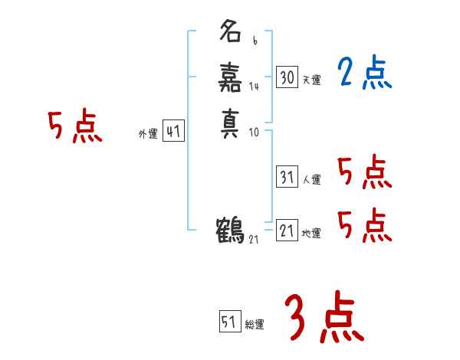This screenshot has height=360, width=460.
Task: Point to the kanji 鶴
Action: pos(231,229)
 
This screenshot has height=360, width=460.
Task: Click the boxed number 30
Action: pos(287,77)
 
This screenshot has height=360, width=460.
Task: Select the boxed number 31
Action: pos(287,177)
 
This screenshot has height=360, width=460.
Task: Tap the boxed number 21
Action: pos(287,231)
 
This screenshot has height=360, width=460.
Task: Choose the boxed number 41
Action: pos(173,132)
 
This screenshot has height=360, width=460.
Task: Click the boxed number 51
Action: pos(229,322)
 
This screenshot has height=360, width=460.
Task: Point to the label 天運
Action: pos(312,80)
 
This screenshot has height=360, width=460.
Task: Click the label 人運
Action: pos(312,180)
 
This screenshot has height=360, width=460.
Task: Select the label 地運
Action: pos(312,233)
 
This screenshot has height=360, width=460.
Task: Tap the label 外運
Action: pos(148,134)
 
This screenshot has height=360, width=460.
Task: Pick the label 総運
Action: pos(255,324)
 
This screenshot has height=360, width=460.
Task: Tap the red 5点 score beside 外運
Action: pos(75,127)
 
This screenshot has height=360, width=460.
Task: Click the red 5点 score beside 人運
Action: pos(365,172)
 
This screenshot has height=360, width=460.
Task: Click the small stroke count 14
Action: pos(254,87)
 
